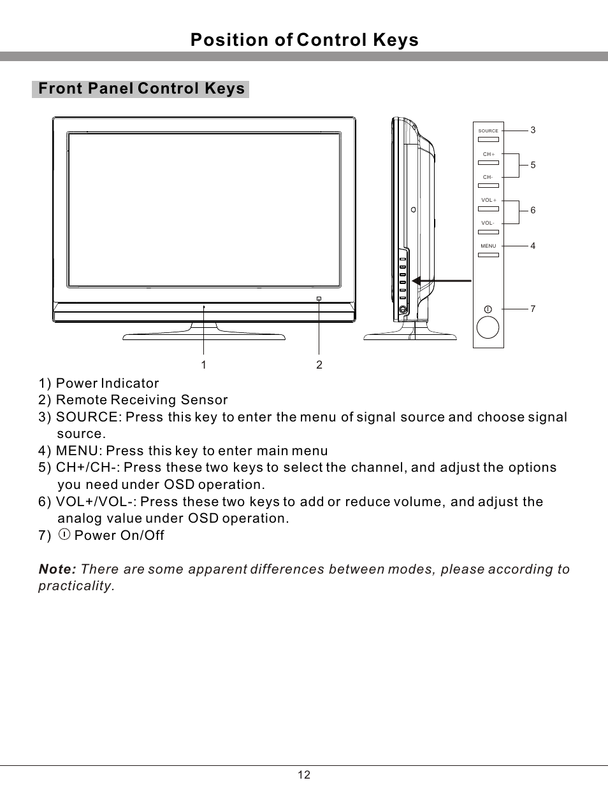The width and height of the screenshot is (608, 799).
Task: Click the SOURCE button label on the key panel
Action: click(488, 131)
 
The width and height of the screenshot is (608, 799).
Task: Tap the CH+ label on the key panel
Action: click(489, 155)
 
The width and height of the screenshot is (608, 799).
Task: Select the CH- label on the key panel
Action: click(488, 178)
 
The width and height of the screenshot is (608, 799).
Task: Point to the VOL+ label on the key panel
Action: click(489, 201)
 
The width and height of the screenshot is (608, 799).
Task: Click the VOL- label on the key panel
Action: click(488, 223)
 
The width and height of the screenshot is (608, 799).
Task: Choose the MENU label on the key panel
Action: click(488, 246)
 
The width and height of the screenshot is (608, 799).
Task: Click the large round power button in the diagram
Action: click(488, 327)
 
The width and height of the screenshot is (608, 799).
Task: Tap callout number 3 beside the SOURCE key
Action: click(533, 131)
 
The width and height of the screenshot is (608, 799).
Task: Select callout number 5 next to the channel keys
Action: click(533, 166)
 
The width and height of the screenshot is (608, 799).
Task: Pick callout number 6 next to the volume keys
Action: click(533, 211)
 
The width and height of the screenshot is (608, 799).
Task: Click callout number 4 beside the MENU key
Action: click(533, 246)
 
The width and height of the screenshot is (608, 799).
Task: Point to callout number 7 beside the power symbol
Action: click(533, 309)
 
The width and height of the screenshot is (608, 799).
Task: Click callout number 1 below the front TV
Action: click(203, 365)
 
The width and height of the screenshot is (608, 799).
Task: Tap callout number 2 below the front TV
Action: click(319, 365)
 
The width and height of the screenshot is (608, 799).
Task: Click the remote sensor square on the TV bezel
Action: click(319, 299)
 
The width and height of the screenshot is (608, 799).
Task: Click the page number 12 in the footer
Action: click(304, 775)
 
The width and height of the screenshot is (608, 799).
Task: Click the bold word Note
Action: click(57, 569)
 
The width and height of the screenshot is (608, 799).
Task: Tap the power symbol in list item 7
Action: click(64, 535)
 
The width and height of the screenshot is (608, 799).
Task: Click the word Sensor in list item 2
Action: click(204, 400)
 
